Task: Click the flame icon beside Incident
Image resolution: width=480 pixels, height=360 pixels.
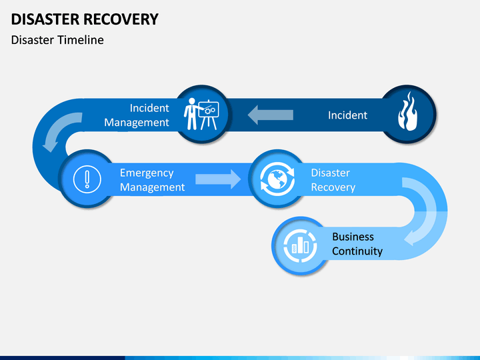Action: coord(407,111)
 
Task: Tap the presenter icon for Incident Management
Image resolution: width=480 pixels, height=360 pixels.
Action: coord(201,114)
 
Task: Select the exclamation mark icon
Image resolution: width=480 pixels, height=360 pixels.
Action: coord(87,179)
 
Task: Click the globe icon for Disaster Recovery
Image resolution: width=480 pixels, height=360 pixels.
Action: coord(277,179)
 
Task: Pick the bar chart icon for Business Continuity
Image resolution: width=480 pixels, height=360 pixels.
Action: coord(300,246)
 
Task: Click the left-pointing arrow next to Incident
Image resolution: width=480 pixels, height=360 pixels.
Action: coord(270,115)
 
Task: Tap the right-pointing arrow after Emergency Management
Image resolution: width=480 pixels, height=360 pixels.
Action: coord(218,179)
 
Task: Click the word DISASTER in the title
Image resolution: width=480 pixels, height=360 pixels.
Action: coord(45,19)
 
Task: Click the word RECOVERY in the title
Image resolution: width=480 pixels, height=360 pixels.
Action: coord(121,19)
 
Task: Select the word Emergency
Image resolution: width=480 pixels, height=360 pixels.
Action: coord(147,173)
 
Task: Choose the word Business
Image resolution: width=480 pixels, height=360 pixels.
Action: coord(353,237)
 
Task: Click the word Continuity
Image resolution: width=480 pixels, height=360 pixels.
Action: coord(357,251)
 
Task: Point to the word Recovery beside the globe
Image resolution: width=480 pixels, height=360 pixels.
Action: coord(333,187)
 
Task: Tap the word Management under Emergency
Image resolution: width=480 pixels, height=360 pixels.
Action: coord(152,187)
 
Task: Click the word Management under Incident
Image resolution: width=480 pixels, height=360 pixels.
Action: coord(137,123)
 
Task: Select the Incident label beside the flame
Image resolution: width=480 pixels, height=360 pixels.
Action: coord(347,115)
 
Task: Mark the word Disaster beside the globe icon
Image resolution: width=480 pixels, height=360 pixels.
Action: coord(330,173)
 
